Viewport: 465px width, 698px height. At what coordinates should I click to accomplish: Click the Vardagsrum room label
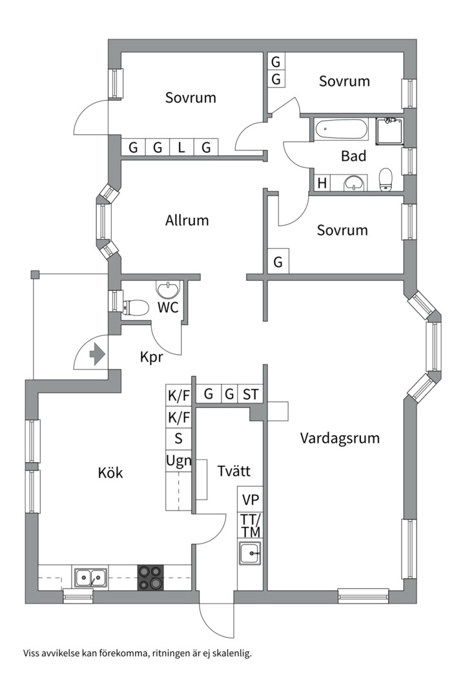(340, 438)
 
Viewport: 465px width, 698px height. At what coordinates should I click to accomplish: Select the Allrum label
(187, 220)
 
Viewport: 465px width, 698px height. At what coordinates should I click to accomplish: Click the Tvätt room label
(234, 471)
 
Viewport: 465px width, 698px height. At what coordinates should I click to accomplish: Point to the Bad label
(353, 156)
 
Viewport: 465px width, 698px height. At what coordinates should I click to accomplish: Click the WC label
(168, 308)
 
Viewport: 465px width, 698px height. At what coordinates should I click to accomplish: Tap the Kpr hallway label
(151, 357)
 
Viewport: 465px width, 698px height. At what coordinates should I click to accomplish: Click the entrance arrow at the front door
(96, 355)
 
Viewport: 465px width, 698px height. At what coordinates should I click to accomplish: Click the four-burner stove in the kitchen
(150, 577)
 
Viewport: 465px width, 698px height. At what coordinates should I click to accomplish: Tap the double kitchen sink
(90, 576)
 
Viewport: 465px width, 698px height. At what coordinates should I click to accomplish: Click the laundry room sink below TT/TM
(250, 553)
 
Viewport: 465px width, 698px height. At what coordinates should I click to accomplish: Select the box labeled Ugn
(178, 461)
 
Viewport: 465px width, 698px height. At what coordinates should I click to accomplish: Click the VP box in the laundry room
(250, 500)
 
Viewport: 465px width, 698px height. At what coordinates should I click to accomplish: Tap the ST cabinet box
(250, 394)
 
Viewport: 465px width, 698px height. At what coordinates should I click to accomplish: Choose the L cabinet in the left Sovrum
(181, 147)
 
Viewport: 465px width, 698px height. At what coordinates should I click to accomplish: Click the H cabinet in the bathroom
(321, 184)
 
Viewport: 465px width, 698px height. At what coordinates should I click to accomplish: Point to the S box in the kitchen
(178, 438)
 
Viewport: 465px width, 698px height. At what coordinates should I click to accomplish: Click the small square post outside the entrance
(35, 275)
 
